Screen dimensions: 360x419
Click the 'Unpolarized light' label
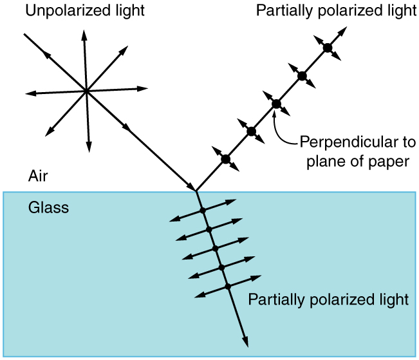(x=85, y=10)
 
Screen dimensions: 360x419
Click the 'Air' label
(x=37, y=176)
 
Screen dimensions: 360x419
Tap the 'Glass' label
(x=48, y=208)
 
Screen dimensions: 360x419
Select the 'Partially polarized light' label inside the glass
(x=328, y=299)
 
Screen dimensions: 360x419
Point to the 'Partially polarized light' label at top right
(x=336, y=10)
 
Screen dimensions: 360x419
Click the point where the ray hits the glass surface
(x=196, y=191)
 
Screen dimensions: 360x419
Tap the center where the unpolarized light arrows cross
(x=86, y=91)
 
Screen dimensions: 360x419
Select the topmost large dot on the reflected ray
(x=327, y=48)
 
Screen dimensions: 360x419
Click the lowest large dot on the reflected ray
(x=225, y=159)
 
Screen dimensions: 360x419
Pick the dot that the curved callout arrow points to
(x=276, y=104)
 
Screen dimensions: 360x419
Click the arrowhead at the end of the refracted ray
(x=245, y=345)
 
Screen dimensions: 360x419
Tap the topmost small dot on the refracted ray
(x=202, y=211)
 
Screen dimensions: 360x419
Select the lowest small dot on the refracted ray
(x=227, y=286)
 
